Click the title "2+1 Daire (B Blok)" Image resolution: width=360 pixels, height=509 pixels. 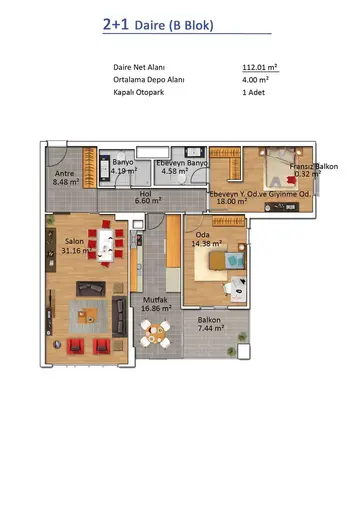[x=158, y=25]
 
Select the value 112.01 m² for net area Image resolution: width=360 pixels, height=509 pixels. [x=260, y=67]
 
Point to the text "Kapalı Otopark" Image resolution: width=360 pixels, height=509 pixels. [x=139, y=92]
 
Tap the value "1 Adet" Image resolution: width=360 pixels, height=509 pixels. [x=254, y=92]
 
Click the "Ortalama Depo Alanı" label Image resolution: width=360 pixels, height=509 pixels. [x=149, y=80]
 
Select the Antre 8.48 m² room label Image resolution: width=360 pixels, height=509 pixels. [x=66, y=178]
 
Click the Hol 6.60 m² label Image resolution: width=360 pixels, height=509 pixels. [x=148, y=197]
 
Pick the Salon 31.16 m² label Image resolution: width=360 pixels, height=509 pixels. [x=76, y=246]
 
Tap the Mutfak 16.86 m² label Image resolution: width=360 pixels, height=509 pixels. [x=156, y=304]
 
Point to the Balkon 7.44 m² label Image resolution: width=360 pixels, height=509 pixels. [x=210, y=324]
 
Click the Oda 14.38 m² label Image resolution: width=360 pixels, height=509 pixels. [x=207, y=239]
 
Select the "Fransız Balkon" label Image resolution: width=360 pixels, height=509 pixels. [x=314, y=166]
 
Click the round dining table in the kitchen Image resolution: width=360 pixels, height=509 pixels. [x=155, y=333]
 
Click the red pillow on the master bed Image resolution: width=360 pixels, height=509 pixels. [x=292, y=180]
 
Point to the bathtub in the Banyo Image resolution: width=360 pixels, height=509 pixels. [x=105, y=168]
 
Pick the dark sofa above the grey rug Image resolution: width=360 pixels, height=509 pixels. [x=91, y=289]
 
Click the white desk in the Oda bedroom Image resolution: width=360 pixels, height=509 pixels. [x=239, y=289]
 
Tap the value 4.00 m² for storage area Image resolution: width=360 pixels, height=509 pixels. [x=255, y=80]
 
